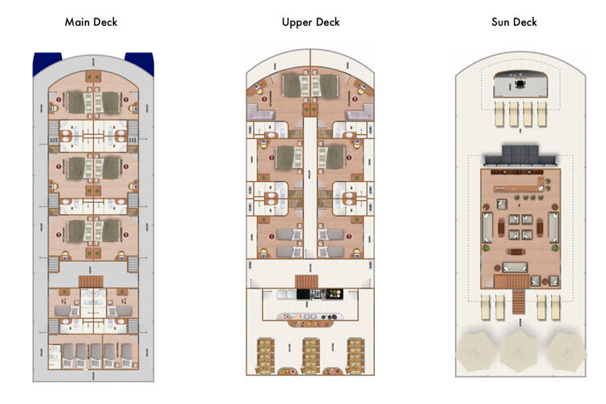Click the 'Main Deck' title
pos(90,22)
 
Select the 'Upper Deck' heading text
pos(311,23)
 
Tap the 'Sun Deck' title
pos(514,22)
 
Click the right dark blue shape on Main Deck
pos(140,63)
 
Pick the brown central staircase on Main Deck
pos(90,281)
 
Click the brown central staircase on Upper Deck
pos(306,281)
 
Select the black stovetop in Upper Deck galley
pos(320,294)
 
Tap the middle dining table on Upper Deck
pos(310,356)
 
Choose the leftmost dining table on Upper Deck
pos(266,356)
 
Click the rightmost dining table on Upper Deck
pos(356,356)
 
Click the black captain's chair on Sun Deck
pos(520,83)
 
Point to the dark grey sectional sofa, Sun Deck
pos(520,155)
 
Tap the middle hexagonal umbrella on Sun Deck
pos(519,351)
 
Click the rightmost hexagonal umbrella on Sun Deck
pos(566,351)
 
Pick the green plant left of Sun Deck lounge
pos(486,247)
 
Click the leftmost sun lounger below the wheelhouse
pos(499,114)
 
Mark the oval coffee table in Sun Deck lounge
pos(516,251)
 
